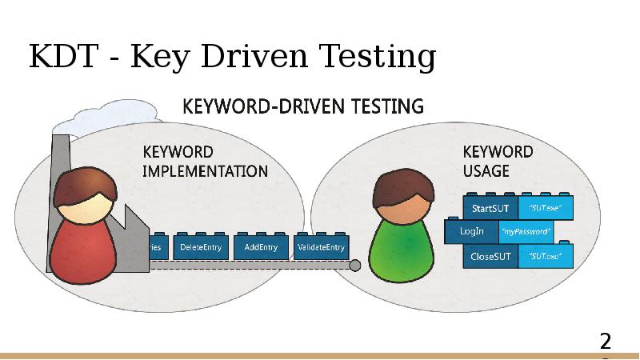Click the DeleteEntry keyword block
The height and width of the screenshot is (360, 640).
[x=201, y=247]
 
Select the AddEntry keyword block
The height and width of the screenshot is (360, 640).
[x=261, y=247]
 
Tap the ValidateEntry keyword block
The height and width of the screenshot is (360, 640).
[x=321, y=247]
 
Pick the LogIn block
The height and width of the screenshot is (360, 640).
[x=471, y=232]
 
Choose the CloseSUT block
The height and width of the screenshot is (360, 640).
[x=490, y=257]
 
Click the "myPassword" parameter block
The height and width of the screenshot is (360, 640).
[x=525, y=232]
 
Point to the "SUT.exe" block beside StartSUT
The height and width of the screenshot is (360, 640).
[x=546, y=209]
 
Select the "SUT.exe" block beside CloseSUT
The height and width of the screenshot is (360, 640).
[x=546, y=257]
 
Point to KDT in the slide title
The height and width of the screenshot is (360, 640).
[x=59, y=57]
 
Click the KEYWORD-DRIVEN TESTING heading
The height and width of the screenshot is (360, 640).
[x=304, y=106]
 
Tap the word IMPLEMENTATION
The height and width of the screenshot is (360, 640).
[x=205, y=170]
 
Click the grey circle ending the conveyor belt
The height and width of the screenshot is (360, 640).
[x=355, y=266]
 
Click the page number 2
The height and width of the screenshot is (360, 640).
[x=606, y=342]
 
